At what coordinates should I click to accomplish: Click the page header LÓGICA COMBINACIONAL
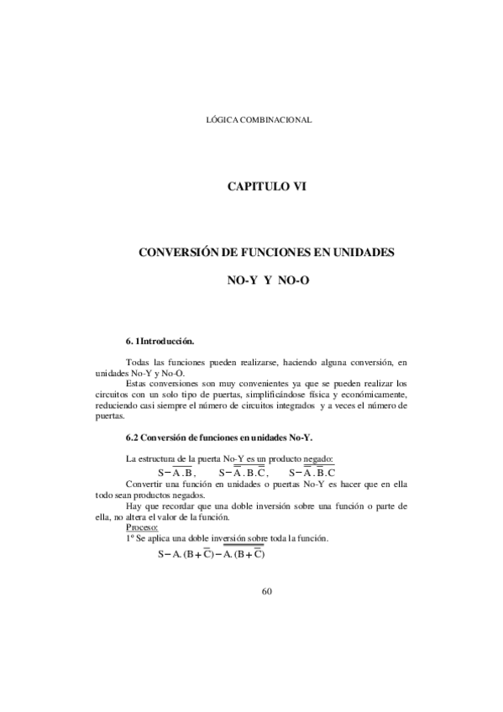[259, 120]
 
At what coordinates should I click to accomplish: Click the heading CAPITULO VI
[269, 186]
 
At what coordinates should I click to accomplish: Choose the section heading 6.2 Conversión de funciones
[217, 437]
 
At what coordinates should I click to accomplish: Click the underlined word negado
[318, 459]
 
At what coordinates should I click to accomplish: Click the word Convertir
[144, 485]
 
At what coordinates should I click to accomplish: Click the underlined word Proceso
[140, 527]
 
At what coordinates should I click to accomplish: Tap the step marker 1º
[129, 538]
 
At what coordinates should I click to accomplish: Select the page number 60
[268, 591]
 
